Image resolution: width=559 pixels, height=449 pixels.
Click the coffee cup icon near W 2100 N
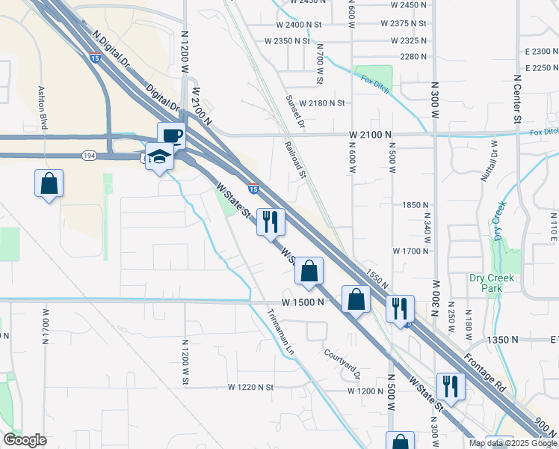(171, 135)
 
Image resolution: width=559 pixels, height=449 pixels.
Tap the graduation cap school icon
(159, 156)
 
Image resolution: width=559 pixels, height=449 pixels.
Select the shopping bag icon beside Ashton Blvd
(49, 183)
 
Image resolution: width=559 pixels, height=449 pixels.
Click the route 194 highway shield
(88, 155)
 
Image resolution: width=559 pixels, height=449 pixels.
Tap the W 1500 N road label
(303, 302)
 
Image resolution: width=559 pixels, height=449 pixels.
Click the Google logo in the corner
(25, 440)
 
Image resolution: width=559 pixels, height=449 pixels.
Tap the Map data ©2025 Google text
(513, 443)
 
